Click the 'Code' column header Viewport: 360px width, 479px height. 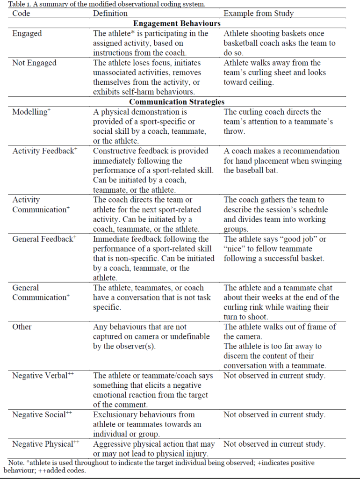21,14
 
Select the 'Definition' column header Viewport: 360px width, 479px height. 110,14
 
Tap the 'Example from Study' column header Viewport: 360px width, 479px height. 259,14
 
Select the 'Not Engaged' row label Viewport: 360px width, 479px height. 34,63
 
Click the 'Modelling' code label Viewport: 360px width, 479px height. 30,112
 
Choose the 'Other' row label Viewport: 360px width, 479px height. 22,327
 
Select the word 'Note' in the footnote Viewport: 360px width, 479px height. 17,463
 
